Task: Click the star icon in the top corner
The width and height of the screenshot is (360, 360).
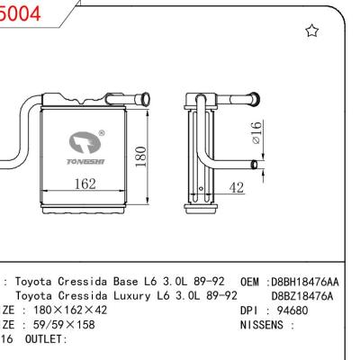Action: point(312,31)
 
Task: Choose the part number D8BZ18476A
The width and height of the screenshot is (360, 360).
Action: point(302,294)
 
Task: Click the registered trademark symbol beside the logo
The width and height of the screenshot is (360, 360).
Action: point(101,133)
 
